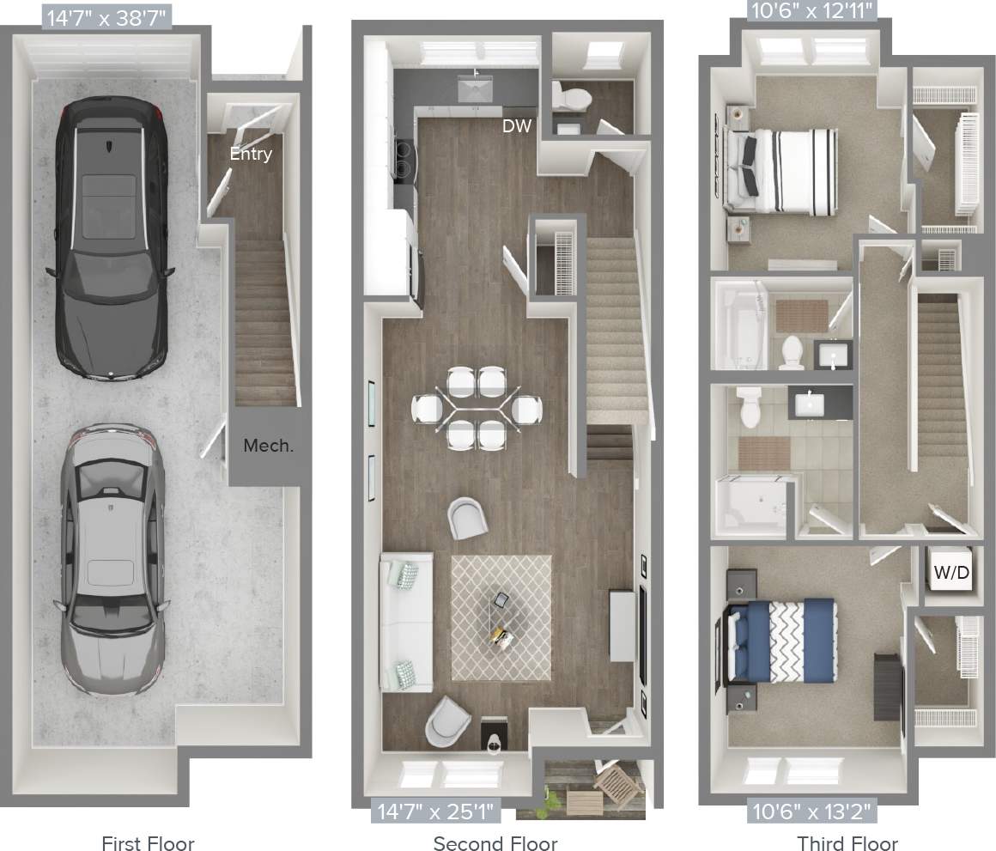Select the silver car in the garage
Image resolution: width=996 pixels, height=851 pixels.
(x=111, y=558)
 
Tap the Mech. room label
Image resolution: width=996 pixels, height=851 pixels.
(x=268, y=446)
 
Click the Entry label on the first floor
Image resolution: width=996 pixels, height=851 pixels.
(x=251, y=154)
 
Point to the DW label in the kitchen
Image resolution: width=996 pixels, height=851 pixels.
(x=517, y=126)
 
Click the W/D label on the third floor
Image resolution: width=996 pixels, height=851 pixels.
(x=952, y=571)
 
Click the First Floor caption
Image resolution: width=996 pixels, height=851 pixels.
(x=148, y=842)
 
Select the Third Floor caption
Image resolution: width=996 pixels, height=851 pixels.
(x=847, y=842)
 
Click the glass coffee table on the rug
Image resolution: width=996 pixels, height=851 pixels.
(x=501, y=617)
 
